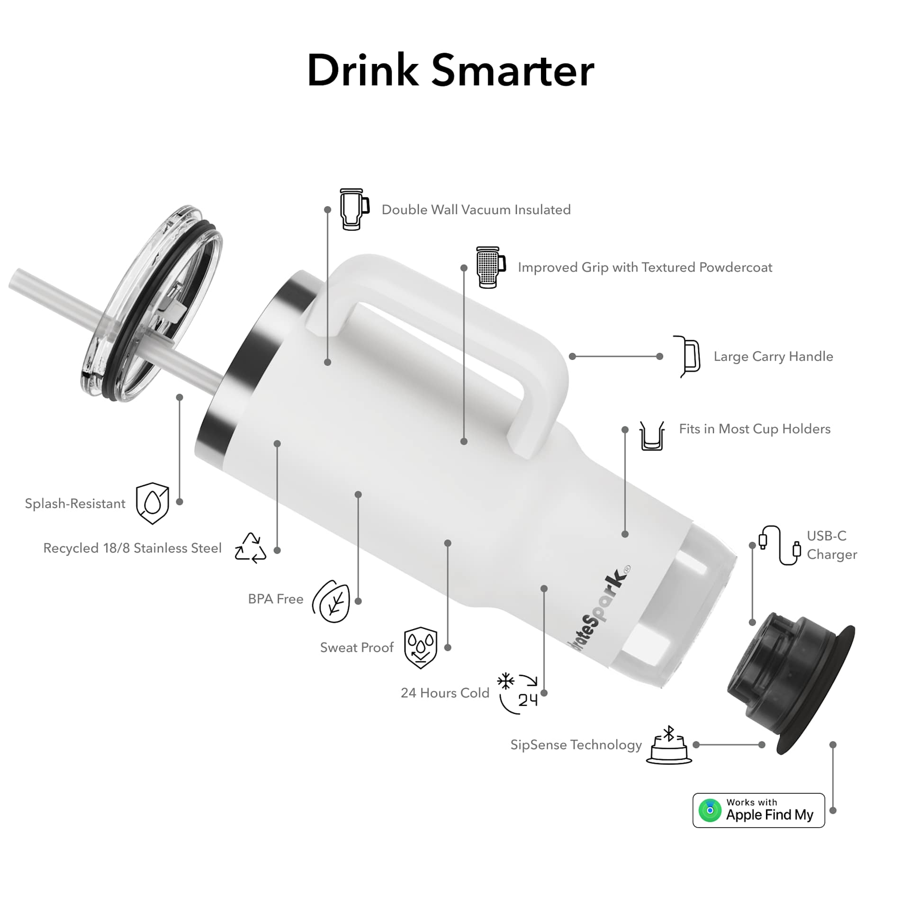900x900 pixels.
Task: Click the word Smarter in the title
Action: point(513,70)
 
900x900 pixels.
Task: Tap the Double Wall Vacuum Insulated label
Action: point(476,209)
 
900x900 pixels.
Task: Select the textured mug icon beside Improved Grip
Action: point(491,267)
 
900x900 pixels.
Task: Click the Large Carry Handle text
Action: point(773,356)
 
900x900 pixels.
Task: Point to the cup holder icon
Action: point(652,435)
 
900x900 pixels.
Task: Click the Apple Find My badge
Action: point(758,810)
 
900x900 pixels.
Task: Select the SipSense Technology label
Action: point(576,745)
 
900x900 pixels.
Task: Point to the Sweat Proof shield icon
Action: point(420,648)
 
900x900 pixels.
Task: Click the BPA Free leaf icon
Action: point(332,601)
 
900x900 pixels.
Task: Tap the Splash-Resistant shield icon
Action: point(152,503)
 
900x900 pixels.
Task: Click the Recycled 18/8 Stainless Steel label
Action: point(132,548)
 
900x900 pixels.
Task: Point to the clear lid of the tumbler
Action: point(152,303)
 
